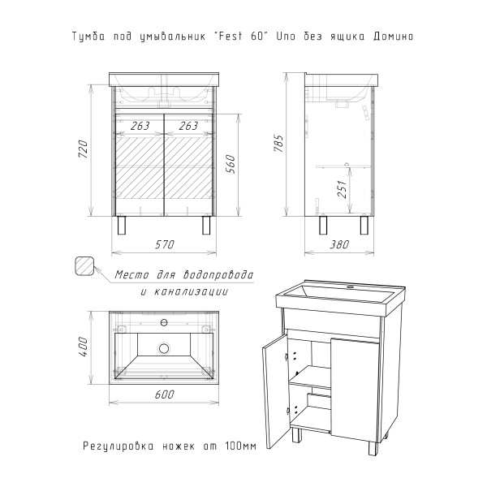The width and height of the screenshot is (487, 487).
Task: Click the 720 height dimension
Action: [84, 149]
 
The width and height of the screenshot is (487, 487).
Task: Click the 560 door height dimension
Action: [231, 164]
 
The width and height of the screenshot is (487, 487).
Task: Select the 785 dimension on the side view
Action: [279, 143]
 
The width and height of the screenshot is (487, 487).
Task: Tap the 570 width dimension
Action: [165, 245]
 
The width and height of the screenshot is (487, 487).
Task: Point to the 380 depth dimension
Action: [339, 245]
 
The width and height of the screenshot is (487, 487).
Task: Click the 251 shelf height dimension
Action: [342, 189]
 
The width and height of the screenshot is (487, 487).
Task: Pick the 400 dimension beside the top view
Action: [84, 347]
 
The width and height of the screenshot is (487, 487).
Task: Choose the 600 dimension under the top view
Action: [164, 394]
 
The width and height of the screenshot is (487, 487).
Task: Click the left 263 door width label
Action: [140, 126]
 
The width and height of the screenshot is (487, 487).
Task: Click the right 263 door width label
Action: [188, 126]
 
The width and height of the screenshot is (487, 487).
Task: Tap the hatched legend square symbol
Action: [84, 266]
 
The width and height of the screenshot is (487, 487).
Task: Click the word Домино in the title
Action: [393, 37]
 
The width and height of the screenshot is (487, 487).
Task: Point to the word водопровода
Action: [218, 275]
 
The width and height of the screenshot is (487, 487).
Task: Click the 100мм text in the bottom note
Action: [240, 446]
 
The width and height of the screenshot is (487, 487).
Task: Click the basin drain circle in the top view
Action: [164, 348]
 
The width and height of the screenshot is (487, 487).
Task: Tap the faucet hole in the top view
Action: [164, 323]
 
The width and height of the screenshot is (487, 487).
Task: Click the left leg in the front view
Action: [122, 225]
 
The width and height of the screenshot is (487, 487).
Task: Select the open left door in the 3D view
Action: [275, 391]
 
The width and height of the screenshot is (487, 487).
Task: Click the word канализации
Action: [190, 292]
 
